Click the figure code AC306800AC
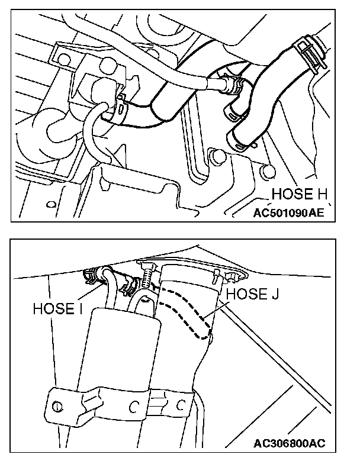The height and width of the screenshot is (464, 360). point(289,443)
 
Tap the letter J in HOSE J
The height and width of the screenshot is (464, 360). point(276,294)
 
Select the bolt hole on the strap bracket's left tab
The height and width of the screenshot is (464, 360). point(57,407)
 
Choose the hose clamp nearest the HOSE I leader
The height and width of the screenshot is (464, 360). point(91,274)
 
